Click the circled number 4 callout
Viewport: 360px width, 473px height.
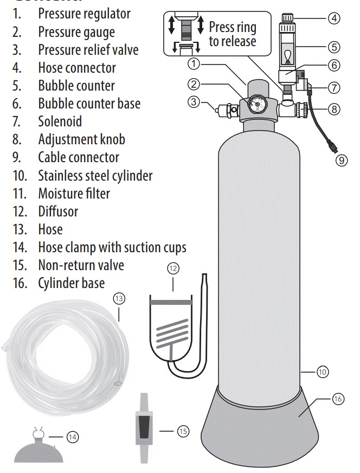coord(334,18)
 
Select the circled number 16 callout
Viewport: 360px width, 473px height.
coord(338,399)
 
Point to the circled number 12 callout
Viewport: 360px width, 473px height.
coord(173,269)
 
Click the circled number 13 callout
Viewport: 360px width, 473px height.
coord(119,298)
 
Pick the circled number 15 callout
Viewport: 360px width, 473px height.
coord(183,431)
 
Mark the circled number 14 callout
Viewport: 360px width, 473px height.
coord(72,436)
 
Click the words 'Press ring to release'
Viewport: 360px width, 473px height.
coord(232,34)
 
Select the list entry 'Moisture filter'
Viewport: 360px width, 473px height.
coord(74,193)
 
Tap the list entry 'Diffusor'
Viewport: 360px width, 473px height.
coord(58,211)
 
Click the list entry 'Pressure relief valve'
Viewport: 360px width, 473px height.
coord(88,50)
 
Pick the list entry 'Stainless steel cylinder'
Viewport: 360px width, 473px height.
coord(95,175)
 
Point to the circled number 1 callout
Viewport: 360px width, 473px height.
coord(194,64)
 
